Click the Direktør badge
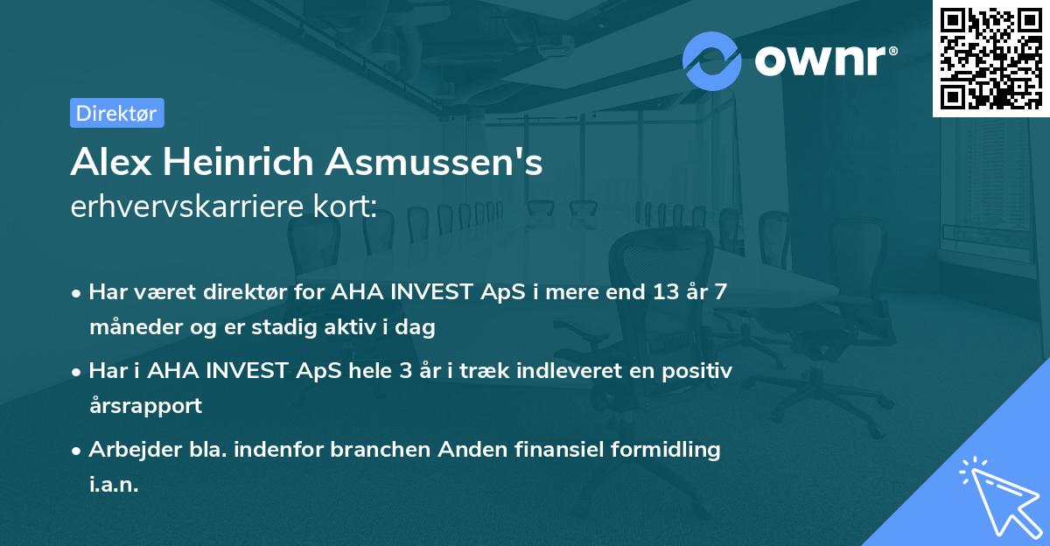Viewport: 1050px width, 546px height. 116,113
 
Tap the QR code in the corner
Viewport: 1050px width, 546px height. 990,58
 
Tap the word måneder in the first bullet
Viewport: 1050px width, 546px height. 129,327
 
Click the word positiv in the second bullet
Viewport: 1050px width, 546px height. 696,370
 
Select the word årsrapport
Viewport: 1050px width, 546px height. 145,406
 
